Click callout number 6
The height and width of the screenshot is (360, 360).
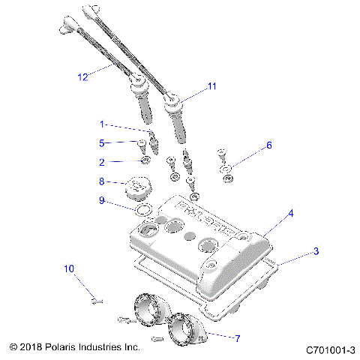pos(270,145)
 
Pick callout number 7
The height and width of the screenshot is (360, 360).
pos(237,338)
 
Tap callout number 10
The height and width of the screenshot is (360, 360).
pos(69,268)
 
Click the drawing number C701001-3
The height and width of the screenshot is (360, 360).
pos(330,349)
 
